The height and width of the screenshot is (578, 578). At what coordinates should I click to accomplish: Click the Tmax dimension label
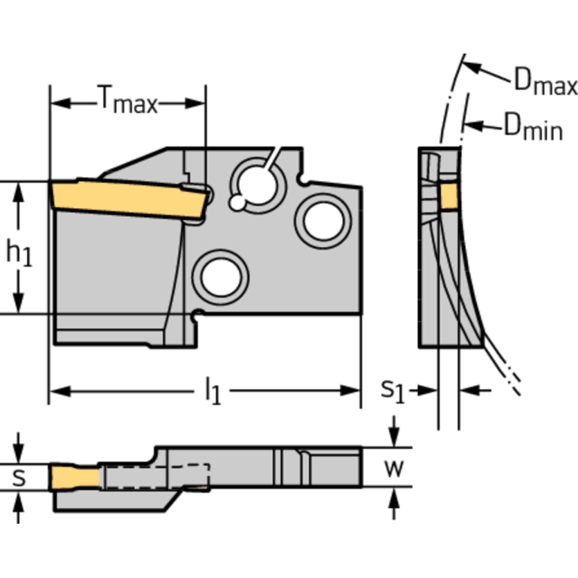click(x=127, y=101)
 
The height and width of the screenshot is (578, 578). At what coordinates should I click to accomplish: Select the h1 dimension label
click(x=20, y=253)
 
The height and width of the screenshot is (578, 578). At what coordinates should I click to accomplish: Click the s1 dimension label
click(x=393, y=390)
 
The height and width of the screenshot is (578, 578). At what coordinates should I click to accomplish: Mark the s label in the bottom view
click(x=20, y=477)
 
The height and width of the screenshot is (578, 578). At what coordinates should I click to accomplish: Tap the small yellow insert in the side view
click(x=450, y=196)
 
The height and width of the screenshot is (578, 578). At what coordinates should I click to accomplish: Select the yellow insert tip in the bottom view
click(x=74, y=476)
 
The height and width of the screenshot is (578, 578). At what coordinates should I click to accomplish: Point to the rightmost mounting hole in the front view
click(x=323, y=220)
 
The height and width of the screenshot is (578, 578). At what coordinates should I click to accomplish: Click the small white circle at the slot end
click(x=238, y=202)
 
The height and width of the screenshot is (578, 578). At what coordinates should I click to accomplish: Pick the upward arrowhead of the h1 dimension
click(x=20, y=189)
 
